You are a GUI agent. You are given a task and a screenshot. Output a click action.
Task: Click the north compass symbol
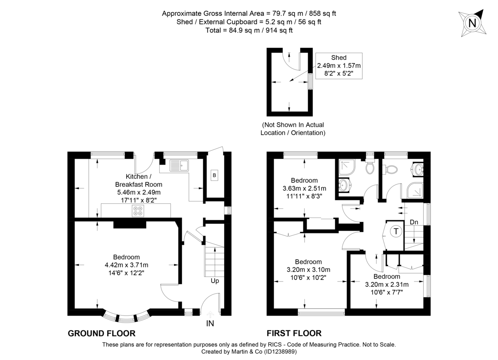click(x=472, y=23)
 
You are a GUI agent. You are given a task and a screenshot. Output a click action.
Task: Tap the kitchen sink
click(x=179, y=165)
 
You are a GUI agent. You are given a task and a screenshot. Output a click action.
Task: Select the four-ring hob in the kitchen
click(x=137, y=211)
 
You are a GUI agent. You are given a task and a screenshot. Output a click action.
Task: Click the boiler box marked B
click(x=214, y=175)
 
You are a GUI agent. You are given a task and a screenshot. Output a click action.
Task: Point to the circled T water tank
click(x=397, y=231)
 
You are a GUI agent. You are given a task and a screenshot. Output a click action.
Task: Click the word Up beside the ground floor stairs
click(x=215, y=281)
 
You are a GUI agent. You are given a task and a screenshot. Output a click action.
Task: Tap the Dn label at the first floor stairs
click(x=414, y=222)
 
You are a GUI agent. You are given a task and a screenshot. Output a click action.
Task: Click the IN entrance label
click(x=210, y=323)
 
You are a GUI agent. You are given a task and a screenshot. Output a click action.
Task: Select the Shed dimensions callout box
click(x=339, y=66)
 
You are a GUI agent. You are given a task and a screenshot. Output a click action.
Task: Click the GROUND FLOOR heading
click(x=101, y=333)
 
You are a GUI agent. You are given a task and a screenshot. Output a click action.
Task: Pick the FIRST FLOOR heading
click(x=294, y=333)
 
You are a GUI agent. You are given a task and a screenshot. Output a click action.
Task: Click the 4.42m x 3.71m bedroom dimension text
click(x=127, y=265)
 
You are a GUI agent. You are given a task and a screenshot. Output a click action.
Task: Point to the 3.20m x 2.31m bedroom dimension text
click(x=386, y=284)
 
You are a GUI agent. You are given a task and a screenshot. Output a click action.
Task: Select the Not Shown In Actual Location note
click(x=293, y=129)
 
